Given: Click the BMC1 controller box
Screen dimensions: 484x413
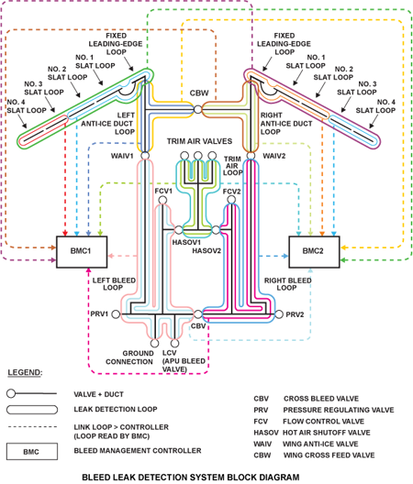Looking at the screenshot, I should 84,249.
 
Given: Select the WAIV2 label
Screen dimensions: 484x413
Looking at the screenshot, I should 274,156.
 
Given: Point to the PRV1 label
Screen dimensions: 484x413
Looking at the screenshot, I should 100,314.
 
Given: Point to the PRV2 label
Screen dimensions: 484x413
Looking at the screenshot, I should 294,314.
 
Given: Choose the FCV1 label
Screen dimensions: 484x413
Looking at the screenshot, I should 163,191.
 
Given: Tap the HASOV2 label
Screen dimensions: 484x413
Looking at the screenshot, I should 207,250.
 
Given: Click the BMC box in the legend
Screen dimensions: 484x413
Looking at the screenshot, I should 32,451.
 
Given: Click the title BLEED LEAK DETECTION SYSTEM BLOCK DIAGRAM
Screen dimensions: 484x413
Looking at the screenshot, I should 190,477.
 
